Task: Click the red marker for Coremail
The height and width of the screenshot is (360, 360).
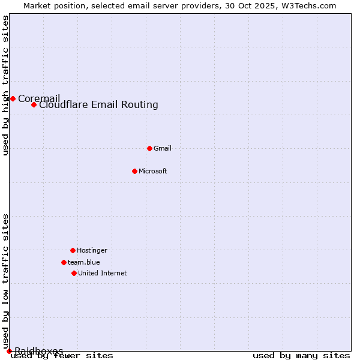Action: pos(13,98)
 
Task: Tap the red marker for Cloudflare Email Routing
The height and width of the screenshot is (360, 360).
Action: pos(34,105)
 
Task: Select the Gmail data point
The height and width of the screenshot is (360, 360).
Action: pos(149,148)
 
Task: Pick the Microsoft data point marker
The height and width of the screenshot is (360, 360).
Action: pos(134,171)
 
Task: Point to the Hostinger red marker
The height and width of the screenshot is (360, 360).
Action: pos(73,250)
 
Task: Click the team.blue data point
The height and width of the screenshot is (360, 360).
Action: pos(64,262)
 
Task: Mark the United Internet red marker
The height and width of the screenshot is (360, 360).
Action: pos(74,273)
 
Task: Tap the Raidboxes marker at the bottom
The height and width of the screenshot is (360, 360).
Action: pos(9,351)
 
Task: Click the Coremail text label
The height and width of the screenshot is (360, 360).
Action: pos(39,98)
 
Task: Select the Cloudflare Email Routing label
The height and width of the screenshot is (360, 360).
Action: pos(98,105)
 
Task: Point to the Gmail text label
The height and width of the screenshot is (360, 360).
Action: pos(162,148)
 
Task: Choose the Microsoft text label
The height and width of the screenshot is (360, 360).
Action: pos(152,171)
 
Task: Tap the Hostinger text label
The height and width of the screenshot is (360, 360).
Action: pos(92,250)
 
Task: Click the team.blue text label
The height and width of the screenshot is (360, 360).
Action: pos(83,262)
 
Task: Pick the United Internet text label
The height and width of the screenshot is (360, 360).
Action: pos(102,273)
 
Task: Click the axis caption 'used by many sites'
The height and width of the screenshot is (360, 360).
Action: pos(301,356)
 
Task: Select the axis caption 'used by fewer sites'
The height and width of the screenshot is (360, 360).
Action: pos(62,356)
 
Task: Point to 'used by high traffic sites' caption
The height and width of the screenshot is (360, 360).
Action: pos(6,85)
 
